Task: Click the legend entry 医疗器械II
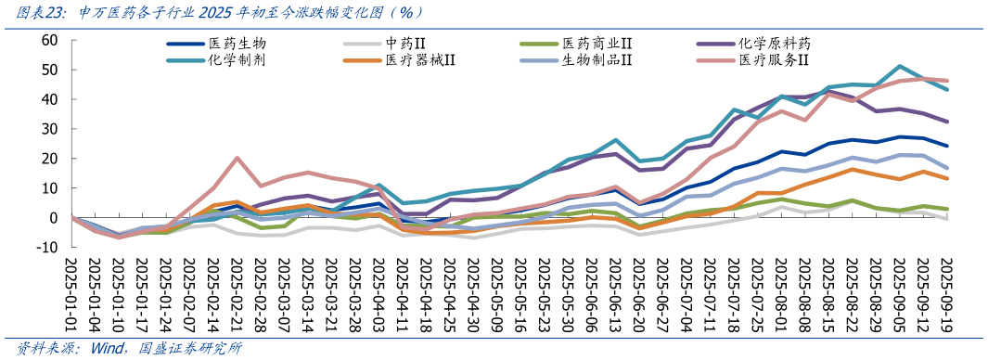[420, 60]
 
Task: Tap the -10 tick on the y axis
[46, 248]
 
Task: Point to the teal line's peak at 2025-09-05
[899, 66]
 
